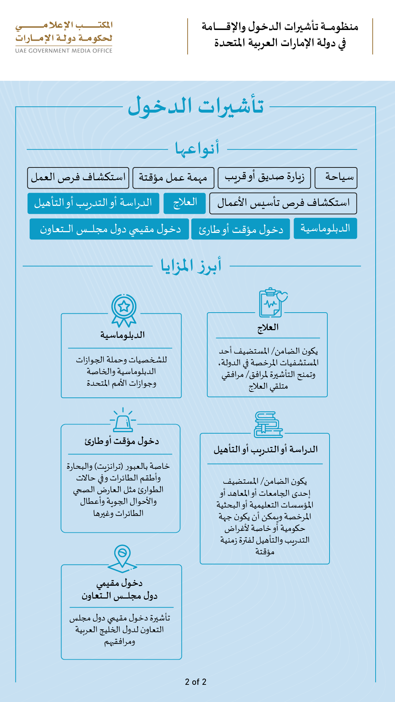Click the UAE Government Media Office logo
64,37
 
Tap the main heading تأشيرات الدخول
196,106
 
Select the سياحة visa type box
336,178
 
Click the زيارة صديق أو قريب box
264,178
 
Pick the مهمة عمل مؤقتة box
173,178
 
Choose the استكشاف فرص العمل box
78,178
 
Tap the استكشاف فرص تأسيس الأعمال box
283,203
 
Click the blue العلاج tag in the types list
185,203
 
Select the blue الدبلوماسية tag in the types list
325,229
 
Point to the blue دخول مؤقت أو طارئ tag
240,229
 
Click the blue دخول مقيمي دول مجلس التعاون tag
109,229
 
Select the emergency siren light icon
123,420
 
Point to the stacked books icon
268,424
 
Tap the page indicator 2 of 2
196,682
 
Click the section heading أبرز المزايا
191,266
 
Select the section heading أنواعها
197,149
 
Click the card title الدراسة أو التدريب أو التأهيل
266,449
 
